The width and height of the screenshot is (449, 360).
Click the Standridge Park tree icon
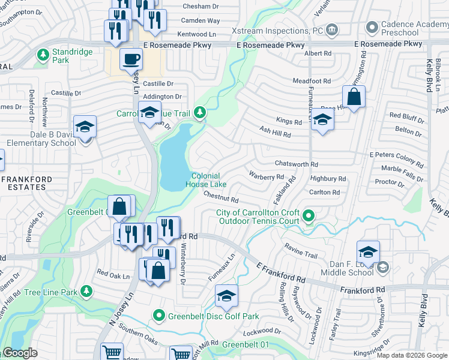tap(43, 55)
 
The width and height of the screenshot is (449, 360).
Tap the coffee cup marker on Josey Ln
tap(131, 59)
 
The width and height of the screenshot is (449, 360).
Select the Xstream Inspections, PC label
tap(273, 30)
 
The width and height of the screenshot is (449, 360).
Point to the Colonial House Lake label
tap(205, 180)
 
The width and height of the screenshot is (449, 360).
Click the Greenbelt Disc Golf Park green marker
tap(159, 315)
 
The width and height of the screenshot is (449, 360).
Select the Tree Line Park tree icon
tap(86, 292)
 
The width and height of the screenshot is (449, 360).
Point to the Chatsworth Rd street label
tap(296, 164)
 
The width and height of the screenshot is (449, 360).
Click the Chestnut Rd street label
tap(221, 196)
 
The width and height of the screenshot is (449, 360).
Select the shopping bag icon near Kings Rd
tap(354, 97)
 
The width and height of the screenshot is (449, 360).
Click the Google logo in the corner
tap(20, 353)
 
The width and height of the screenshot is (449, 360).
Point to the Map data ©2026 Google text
tap(412, 355)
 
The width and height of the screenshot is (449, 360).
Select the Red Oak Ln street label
tap(113, 274)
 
